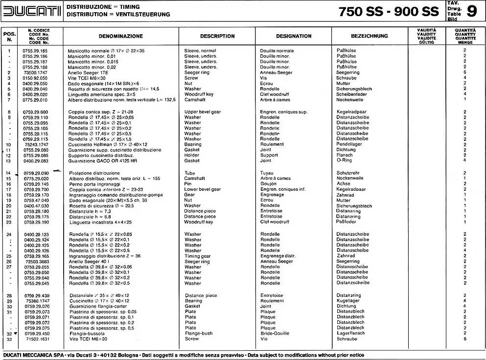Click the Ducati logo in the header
pyautogui.click(x=32, y=11)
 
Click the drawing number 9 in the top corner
pyautogui.click(x=471, y=11)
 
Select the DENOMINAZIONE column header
pyautogui.click(x=120, y=36)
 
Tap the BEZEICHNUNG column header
pyautogui.click(x=369, y=36)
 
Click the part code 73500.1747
pyautogui.click(x=35, y=72)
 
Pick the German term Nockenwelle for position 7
pyautogui.click(x=349, y=100)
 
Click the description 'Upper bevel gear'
pyautogui.click(x=202, y=112)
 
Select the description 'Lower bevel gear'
pyautogui.click(x=202, y=189)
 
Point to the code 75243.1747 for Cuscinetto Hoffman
pyautogui.click(x=35, y=145)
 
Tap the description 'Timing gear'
pyautogui.click(x=197, y=256)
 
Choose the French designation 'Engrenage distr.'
pyautogui.click(x=278, y=256)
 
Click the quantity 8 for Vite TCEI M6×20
pyautogui.click(x=464, y=338)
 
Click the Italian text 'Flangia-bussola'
pyautogui.click(x=86, y=333)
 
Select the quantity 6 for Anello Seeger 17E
pyautogui.click(x=464, y=72)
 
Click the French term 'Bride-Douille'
pyautogui.click(x=275, y=333)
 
